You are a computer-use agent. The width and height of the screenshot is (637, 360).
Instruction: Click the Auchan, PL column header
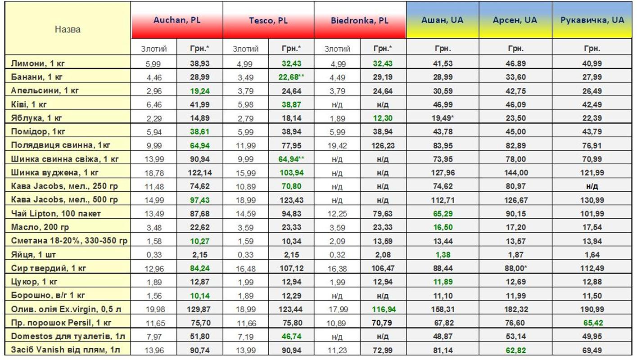click(x=177, y=21)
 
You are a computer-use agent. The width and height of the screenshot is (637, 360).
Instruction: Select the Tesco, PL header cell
click(x=268, y=21)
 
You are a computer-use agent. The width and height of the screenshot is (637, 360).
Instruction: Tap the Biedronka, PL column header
click(x=360, y=21)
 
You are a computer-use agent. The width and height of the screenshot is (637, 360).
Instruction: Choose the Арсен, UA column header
click(x=515, y=20)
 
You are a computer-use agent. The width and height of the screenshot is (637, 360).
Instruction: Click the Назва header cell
click(x=68, y=30)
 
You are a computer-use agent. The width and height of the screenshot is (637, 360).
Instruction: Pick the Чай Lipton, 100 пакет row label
click(x=56, y=213)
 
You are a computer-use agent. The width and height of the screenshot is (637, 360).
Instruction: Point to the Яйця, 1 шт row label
click(x=34, y=254)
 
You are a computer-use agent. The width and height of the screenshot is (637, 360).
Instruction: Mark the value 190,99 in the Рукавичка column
click(x=592, y=309)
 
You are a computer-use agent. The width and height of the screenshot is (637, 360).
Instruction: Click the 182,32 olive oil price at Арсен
click(x=515, y=309)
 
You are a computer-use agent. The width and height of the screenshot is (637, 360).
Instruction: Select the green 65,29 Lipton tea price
click(x=442, y=213)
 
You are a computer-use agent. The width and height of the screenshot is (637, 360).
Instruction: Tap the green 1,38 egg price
click(x=442, y=254)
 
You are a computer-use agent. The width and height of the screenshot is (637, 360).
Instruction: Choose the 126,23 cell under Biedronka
click(x=382, y=145)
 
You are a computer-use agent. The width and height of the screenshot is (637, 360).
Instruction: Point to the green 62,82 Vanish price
click(x=515, y=350)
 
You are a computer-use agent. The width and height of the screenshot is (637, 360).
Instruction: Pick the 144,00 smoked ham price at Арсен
click(x=515, y=172)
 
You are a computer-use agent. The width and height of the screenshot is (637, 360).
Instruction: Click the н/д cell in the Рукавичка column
click(x=592, y=186)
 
